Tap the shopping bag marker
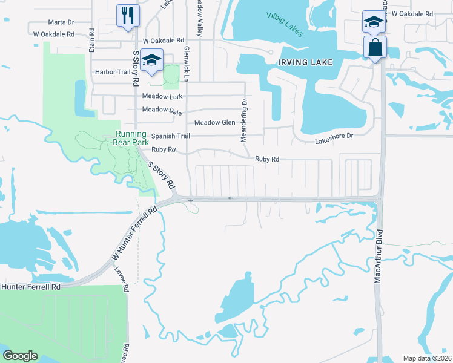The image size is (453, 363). (375, 47)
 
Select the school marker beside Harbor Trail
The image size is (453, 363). (151, 60)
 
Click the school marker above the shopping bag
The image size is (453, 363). (374, 22)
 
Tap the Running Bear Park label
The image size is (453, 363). (132, 138)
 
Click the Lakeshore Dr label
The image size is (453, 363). (334, 137)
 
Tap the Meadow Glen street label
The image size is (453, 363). (214, 122)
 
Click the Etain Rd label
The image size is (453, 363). (92, 40)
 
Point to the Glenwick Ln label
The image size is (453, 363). (187, 60)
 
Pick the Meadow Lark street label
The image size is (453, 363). (162, 97)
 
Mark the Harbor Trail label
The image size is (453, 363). (113, 72)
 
